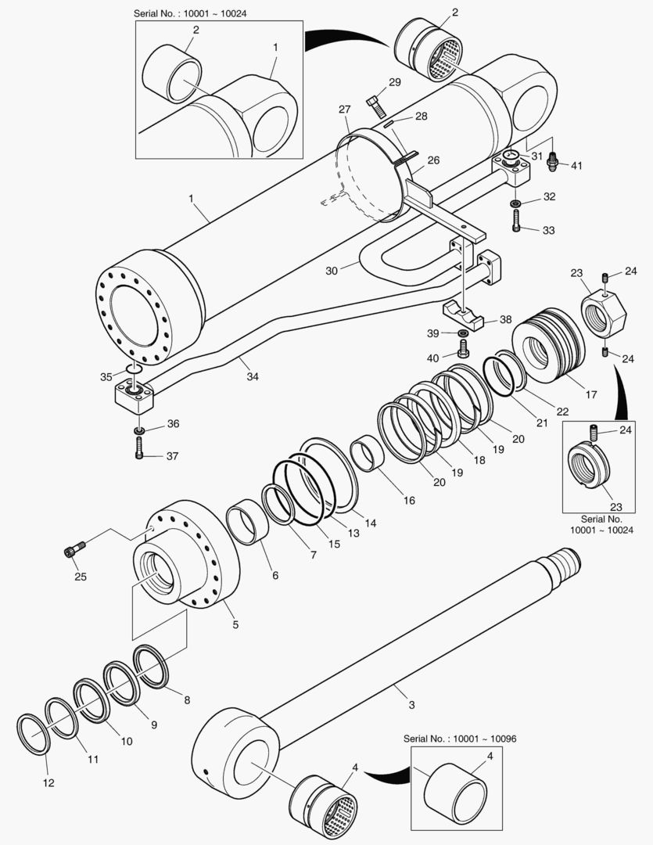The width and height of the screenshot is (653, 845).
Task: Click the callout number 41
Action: coord(576,166)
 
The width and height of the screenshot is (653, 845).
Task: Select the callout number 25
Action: coord(81,577)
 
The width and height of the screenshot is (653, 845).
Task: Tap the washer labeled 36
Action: coord(138,431)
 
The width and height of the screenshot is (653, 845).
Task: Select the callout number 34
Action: coord(253,376)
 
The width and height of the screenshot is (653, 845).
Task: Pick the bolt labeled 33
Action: coord(517,225)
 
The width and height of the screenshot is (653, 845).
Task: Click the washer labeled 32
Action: coord(517,204)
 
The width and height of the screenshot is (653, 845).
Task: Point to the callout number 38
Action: coord(505,319)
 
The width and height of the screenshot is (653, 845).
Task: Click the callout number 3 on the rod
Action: coord(411,705)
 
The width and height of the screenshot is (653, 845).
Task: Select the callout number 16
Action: coord(409,501)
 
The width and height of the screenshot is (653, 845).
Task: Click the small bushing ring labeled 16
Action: coord(368,455)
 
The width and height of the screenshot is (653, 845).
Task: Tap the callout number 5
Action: coord(235,624)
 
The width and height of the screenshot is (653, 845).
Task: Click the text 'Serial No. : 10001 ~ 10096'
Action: coord(461,739)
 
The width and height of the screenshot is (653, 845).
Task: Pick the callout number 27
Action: coord(345,110)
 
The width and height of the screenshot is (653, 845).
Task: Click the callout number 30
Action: coord(331,271)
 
